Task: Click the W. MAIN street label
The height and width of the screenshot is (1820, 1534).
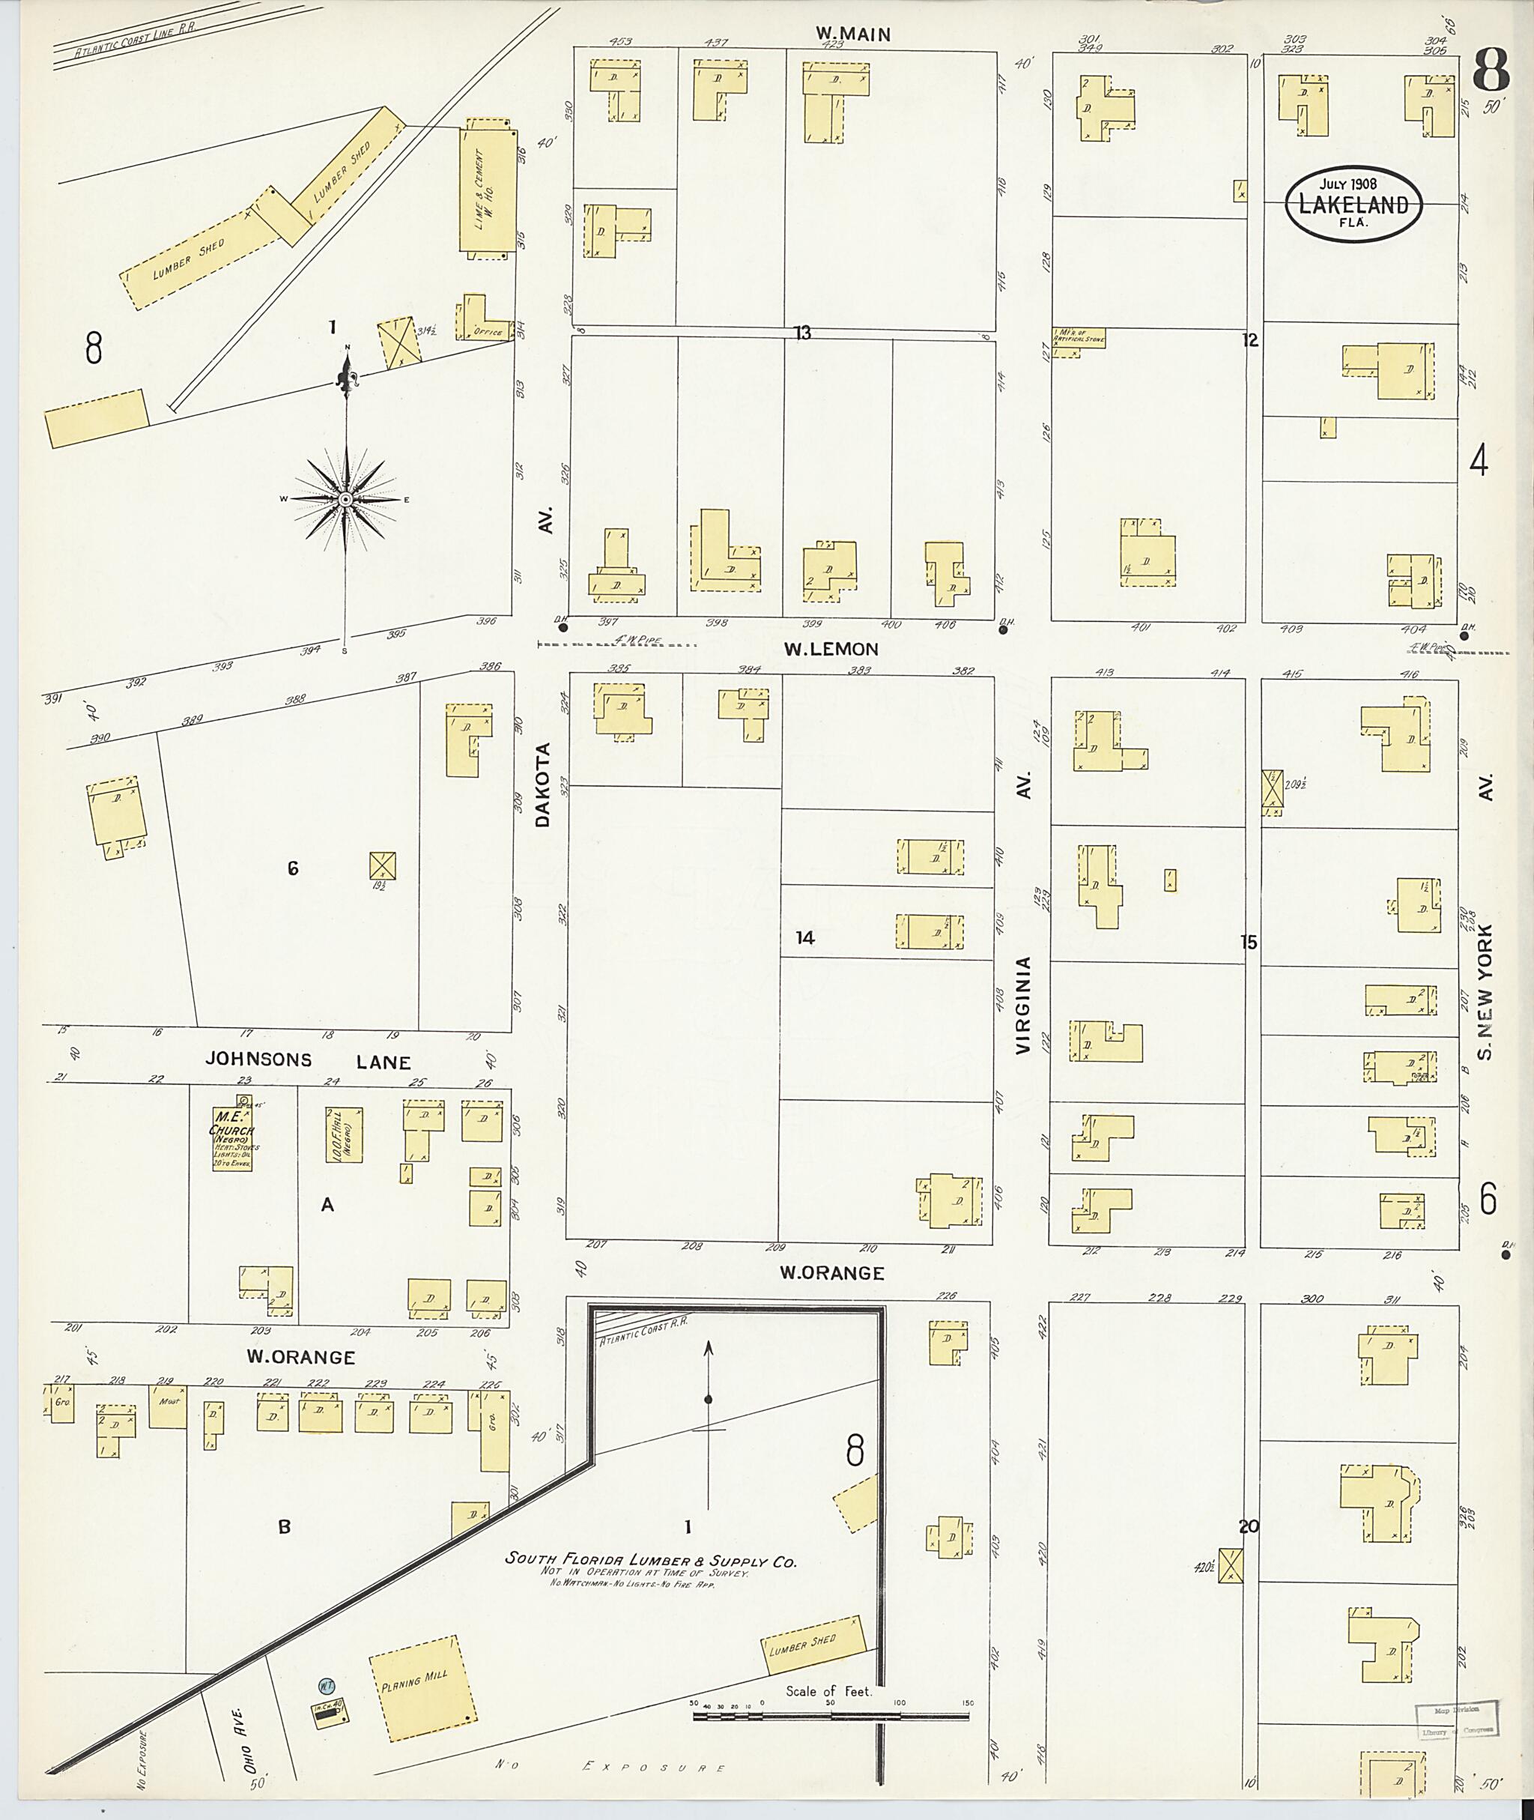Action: pos(852,34)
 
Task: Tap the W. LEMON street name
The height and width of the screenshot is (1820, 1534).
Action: pos(831,649)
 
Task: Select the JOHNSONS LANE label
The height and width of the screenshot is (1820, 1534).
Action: pos(308,1060)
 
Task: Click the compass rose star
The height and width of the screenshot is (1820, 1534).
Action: pos(345,499)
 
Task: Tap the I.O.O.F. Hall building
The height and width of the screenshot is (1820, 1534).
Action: pos(344,1134)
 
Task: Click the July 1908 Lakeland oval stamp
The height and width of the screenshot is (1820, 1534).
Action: pos(1354,204)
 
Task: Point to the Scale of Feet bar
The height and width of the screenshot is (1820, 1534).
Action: pos(831,1717)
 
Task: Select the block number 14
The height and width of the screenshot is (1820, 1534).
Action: pos(804,938)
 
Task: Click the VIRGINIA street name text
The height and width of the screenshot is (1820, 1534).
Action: pos(1022,1006)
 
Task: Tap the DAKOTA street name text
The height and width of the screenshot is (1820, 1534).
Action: pos(544,784)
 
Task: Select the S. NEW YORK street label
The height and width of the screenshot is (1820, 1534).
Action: pos(1485,992)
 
